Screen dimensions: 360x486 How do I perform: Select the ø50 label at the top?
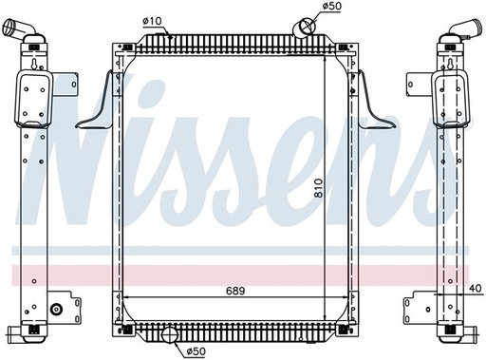click(x=332, y=7)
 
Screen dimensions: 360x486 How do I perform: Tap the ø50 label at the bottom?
click(x=196, y=351)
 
